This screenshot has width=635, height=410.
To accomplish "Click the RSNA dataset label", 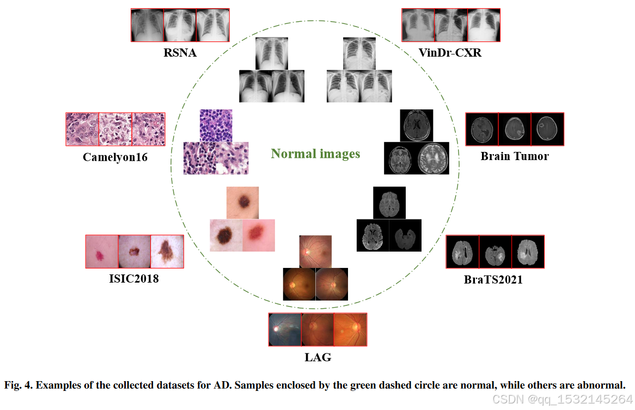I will (180, 53).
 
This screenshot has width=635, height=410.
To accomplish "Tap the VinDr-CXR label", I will (450, 53).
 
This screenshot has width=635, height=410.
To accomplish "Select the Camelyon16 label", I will (115, 157).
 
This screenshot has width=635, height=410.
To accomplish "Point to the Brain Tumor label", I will (515, 156).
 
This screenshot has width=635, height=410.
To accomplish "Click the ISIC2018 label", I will (134, 279).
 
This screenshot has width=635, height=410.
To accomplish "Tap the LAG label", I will (317, 358).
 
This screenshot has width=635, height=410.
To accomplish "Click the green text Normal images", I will (316, 154).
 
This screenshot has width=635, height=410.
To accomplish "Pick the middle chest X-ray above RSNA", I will (180, 25).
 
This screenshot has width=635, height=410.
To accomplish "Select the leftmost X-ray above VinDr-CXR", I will (418, 25).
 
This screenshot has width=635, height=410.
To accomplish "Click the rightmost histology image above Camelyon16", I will (148, 129).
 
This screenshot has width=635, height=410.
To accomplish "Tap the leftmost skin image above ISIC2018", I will (102, 252).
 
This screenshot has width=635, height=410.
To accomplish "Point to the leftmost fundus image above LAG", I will (285, 329).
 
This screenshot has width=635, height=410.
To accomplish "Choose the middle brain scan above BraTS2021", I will (494, 252).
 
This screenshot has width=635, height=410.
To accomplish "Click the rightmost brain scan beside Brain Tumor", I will (547, 129).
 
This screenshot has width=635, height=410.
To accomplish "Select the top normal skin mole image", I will (242, 203).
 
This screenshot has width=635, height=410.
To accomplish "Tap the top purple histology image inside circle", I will (216, 125).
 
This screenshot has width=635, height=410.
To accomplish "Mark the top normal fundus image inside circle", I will (315, 251).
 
